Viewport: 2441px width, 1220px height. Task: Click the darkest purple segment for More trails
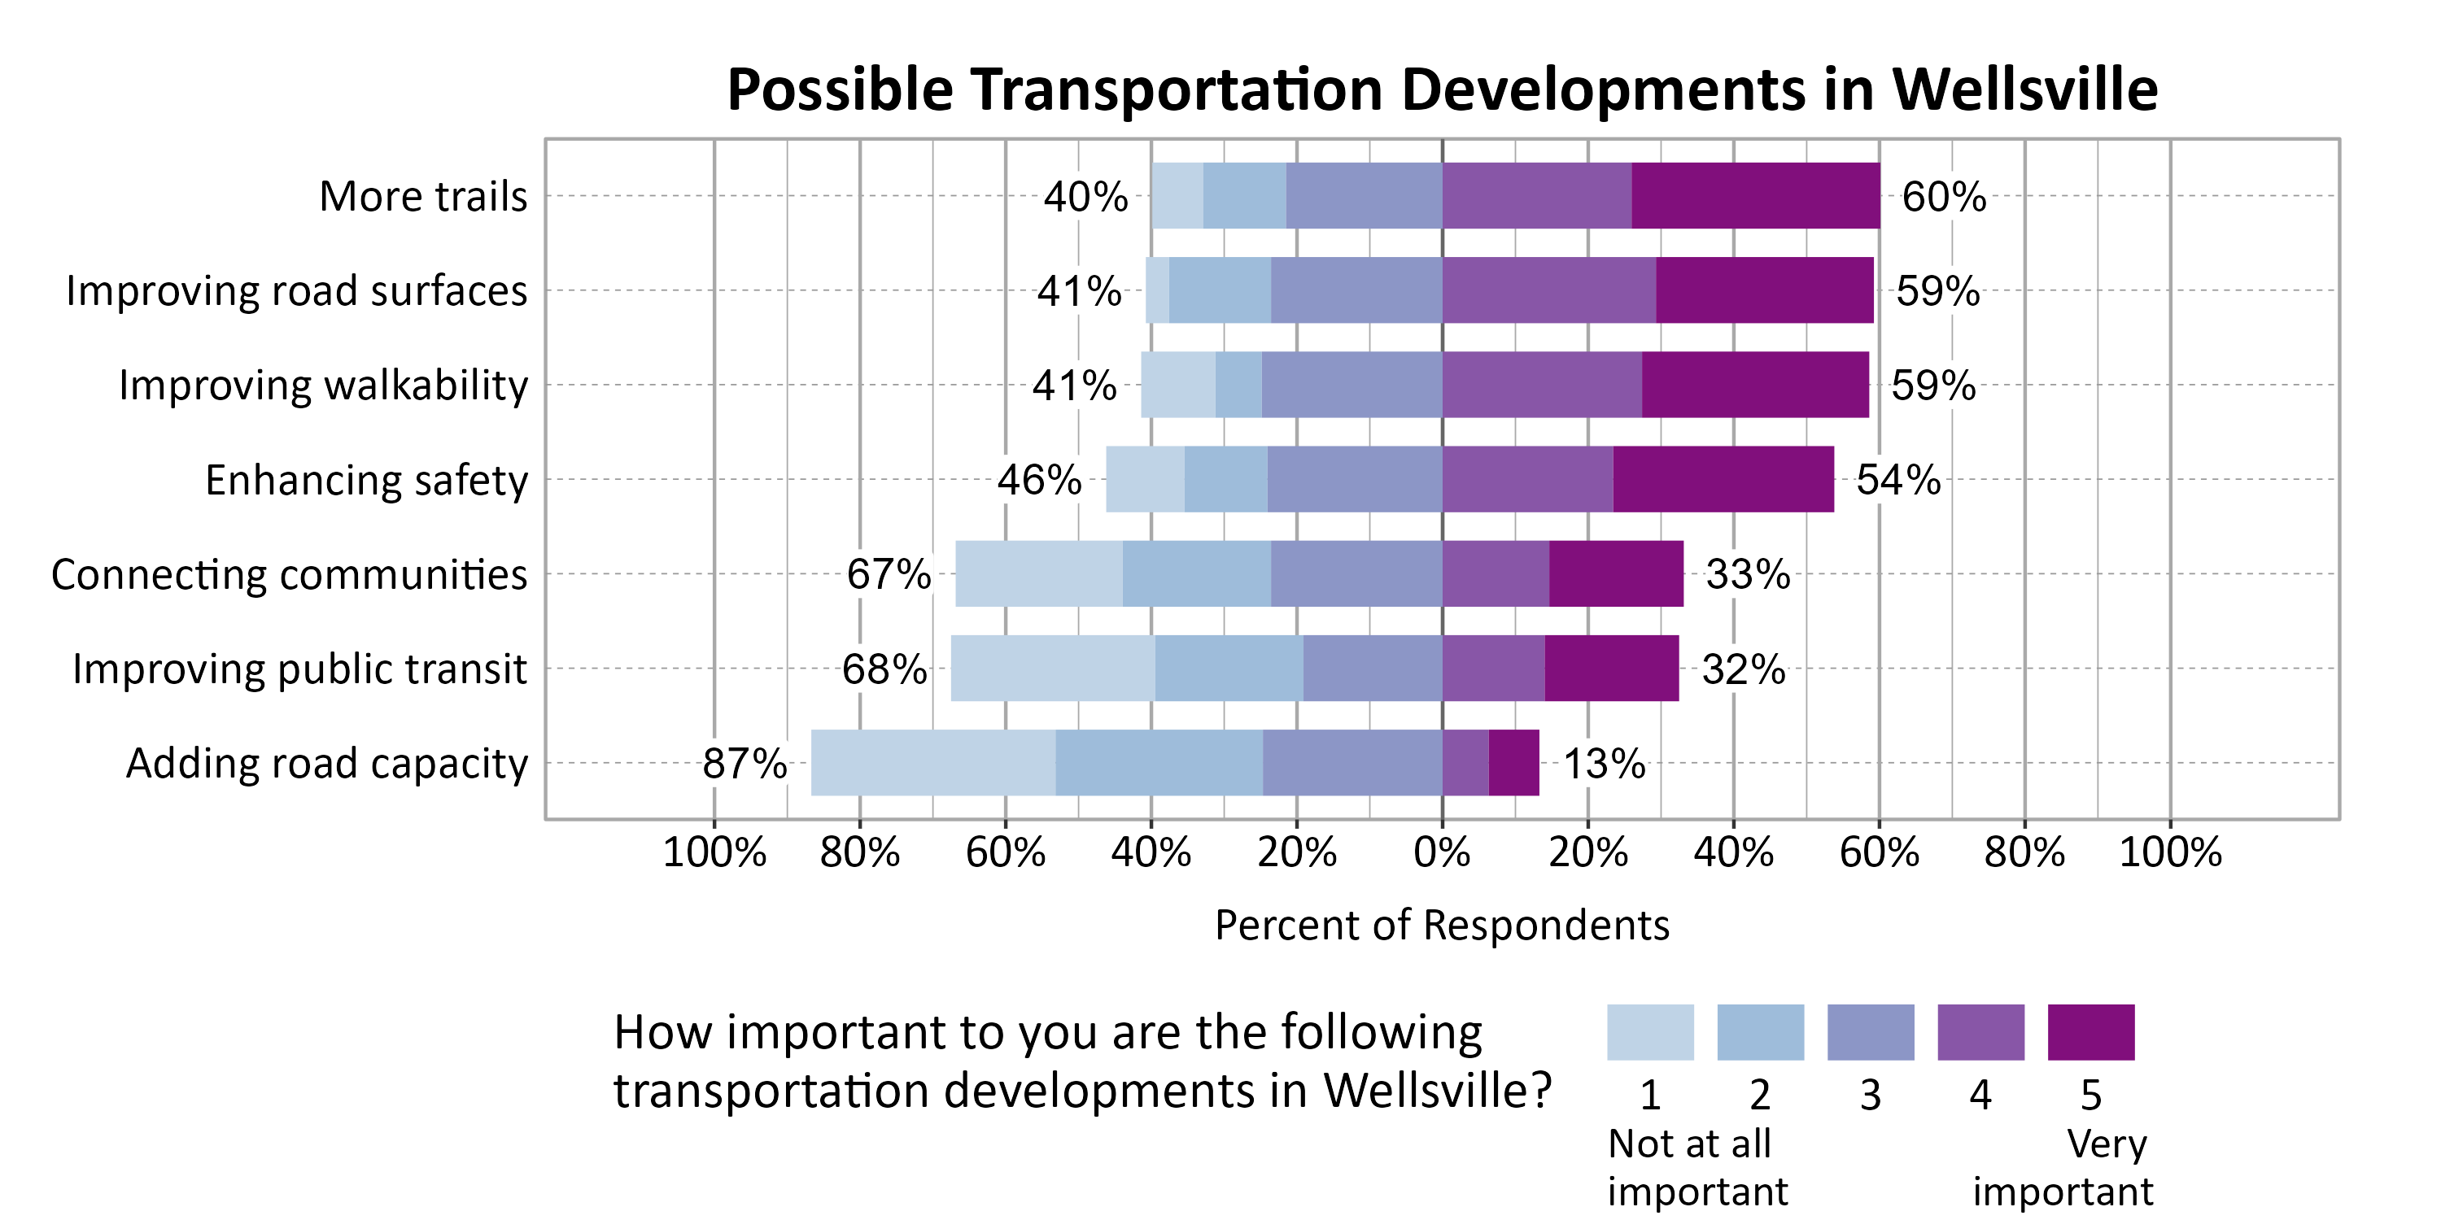[1755, 195]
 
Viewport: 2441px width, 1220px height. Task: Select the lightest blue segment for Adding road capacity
[932, 763]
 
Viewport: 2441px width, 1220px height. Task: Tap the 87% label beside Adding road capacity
[744, 764]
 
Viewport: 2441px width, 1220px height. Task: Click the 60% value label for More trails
[1944, 197]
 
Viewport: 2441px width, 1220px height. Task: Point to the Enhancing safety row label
[366, 480]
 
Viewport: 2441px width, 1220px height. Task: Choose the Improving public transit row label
[299, 669]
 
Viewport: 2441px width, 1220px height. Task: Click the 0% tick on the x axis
[1441, 852]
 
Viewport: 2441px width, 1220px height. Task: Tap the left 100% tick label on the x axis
[714, 852]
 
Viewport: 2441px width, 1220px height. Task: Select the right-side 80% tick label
[2024, 852]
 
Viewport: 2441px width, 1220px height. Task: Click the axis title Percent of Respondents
[1441, 926]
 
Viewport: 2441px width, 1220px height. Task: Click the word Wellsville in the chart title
[2024, 90]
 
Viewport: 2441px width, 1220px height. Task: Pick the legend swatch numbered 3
[1870, 1032]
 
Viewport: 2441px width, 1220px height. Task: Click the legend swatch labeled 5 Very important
[2090, 1032]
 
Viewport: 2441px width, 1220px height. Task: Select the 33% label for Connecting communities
[1748, 574]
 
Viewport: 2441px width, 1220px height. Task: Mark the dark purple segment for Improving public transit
[1611, 668]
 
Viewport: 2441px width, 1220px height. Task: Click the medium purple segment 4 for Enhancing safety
[1527, 479]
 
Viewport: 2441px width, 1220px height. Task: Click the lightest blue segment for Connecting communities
[1038, 573]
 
